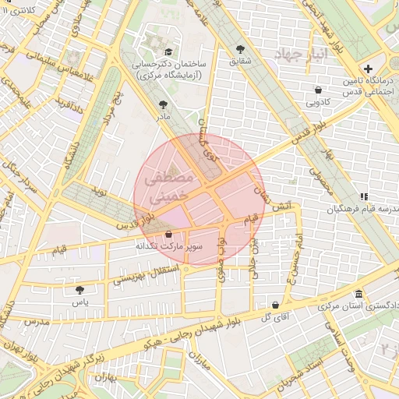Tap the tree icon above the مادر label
[x=163, y=104]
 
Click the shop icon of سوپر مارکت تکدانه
[x=168, y=235]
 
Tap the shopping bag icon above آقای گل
[x=276, y=304]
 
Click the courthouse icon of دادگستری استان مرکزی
[x=358, y=294]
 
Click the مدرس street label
[x=36, y=321]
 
